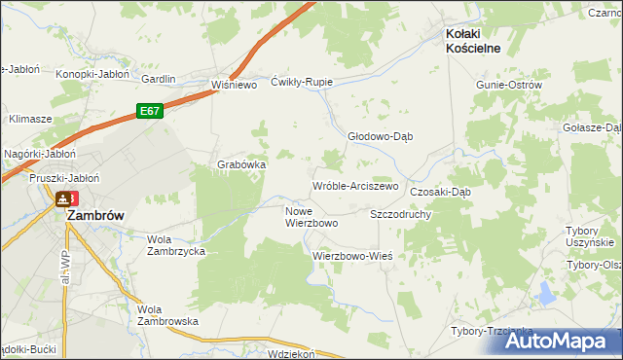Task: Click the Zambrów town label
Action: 94,218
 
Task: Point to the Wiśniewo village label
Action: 234,85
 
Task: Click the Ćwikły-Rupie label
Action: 302,82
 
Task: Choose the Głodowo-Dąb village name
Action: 381,136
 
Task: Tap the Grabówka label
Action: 241,164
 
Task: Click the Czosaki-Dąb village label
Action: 441,192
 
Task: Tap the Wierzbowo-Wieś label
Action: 351,256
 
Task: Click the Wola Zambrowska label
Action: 167,314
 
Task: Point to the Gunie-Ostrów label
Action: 508,85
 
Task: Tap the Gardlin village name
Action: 159,79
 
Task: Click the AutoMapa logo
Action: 562,341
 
